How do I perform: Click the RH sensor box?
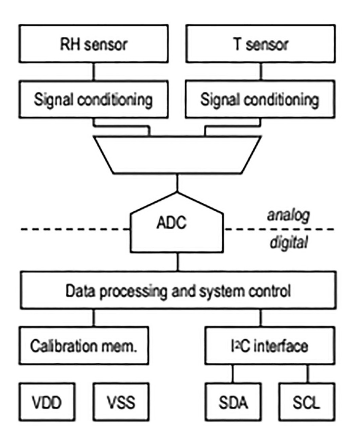(x=94, y=44)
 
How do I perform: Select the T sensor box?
(x=260, y=44)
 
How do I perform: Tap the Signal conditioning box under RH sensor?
(x=94, y=99)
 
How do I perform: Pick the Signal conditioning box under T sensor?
(x=260, y=99)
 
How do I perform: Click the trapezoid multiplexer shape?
(x=177, y=154)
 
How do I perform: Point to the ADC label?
(x=177, y=222)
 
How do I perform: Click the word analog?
(x=288, y=215)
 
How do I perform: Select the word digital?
(x=288, y=243)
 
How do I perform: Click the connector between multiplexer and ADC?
(x=178, y=183)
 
